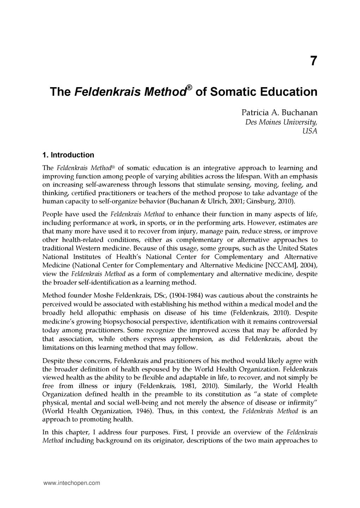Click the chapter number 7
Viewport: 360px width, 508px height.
pos(313,61)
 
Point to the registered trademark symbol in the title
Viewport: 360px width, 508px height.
pos(189,87)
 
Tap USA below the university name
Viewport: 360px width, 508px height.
pos(310,131)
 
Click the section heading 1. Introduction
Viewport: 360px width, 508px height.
pos(68,155)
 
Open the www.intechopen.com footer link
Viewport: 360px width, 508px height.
pos(72,483)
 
